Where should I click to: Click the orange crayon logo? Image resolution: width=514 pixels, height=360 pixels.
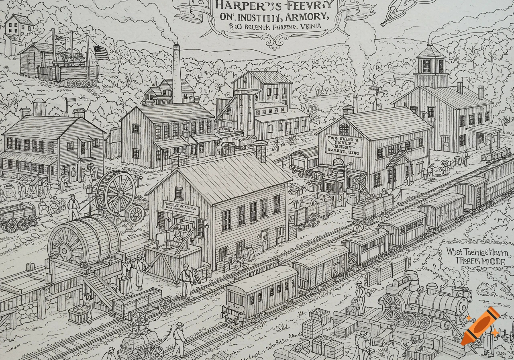click(480, 326)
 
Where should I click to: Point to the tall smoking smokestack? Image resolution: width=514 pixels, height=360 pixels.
click(177, 72)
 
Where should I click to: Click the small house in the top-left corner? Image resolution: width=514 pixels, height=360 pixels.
click(18, 25)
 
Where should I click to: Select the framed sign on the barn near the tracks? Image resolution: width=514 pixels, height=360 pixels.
click(343, 145)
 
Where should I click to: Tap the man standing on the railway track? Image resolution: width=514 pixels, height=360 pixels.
click(186, 280)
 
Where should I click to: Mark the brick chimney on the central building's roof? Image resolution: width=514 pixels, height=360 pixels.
click(260, 151)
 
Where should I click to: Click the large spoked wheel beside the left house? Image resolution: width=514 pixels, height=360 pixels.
click(116, 192)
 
